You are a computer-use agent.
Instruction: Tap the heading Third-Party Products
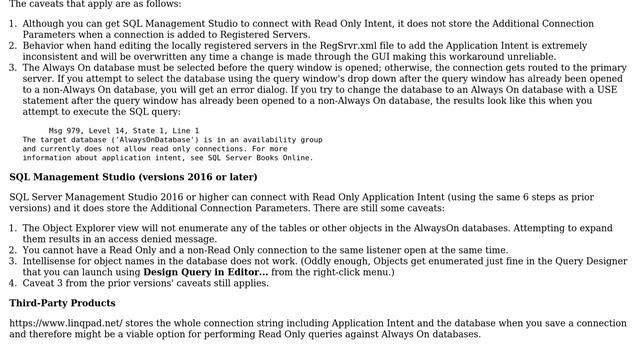(62, 303)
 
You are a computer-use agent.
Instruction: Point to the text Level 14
(117, 130)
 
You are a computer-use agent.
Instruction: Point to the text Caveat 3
(48, 282)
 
